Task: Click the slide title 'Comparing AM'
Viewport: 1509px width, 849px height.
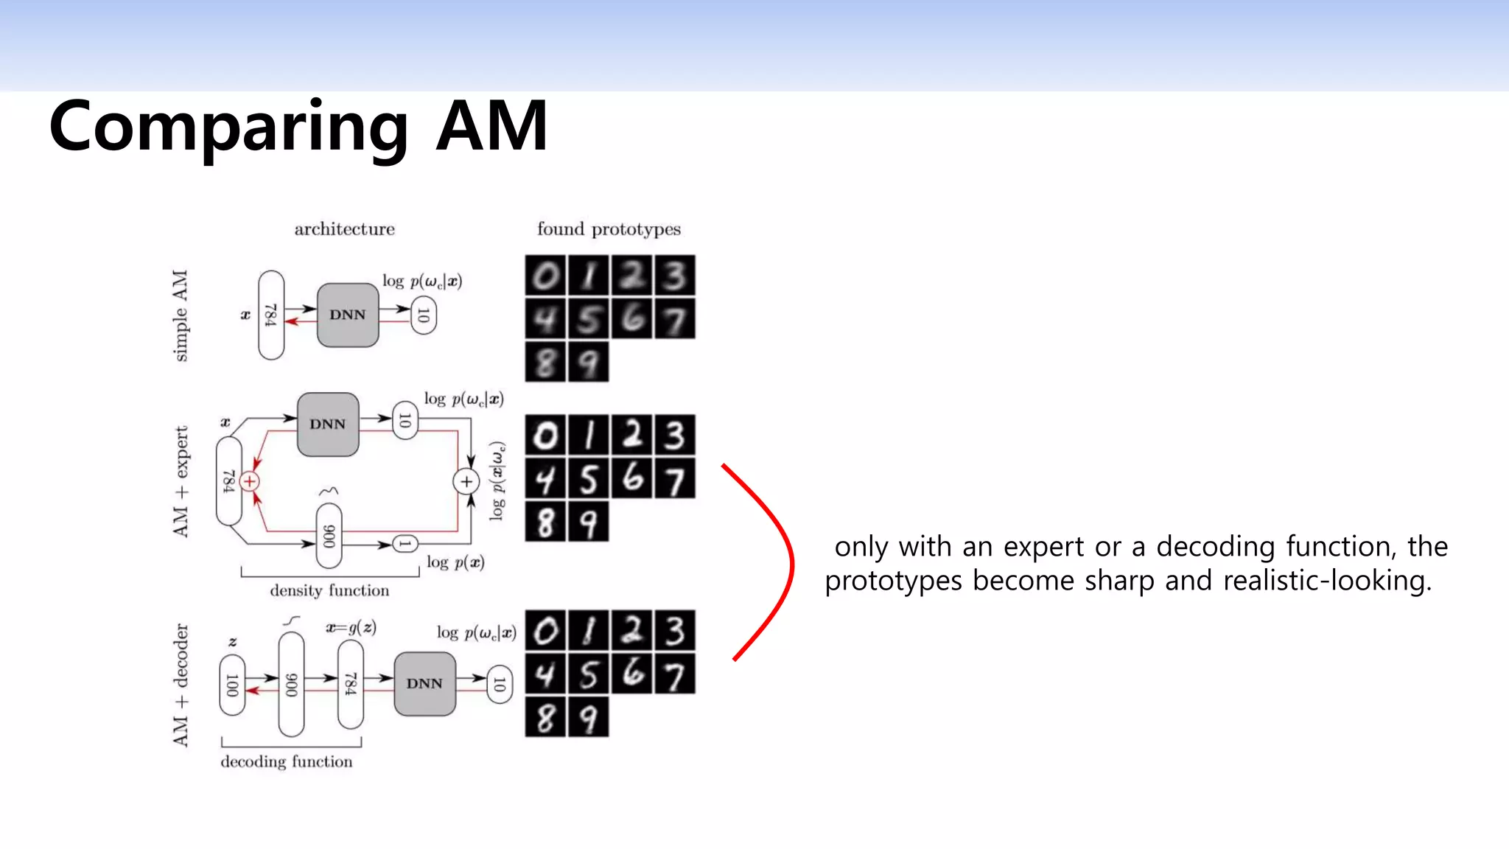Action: tap(298, 127)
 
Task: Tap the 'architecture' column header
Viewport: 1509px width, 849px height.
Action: tap(344, 229)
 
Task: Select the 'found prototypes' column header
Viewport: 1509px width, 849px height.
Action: tap(609, 229)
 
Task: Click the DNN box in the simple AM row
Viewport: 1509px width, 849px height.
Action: tap(348, 315)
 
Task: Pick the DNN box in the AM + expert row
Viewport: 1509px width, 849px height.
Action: tap(328, 424)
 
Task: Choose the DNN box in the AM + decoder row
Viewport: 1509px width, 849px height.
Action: tap(424, 684)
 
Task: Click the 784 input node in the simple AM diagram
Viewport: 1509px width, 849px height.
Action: tap(271, 315)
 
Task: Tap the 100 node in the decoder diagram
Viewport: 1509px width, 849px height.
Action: tap(232, 685)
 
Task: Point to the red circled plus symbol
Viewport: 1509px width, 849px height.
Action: tap(250, 482)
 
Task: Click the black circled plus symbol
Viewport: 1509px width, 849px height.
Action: tap(466, 482)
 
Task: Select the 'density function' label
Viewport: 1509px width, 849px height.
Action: tap(329, 590)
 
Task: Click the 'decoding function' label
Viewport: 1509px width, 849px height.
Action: tap(287, 761)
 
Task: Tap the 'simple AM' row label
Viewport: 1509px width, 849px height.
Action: tap(180, 315)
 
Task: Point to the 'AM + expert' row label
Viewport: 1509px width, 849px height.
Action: tap(181, 481)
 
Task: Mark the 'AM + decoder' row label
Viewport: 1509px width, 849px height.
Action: tap(181, 685)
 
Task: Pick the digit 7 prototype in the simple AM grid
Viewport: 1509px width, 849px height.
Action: tap(674, 319)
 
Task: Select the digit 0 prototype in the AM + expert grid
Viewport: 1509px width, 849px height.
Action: tap(546, 436)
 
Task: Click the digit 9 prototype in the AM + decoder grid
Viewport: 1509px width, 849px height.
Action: tap(588, 717)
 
